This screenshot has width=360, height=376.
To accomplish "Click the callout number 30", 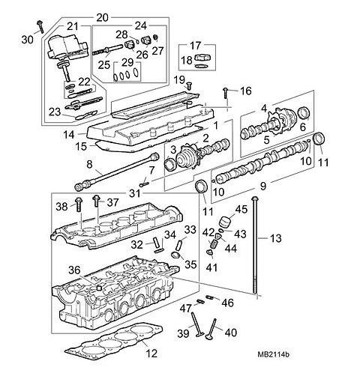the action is (28, 40).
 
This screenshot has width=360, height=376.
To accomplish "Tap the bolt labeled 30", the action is (40, 27).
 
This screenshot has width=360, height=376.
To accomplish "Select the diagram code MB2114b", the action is (273, 354).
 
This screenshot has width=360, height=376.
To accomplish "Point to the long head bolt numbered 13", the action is (255, 245).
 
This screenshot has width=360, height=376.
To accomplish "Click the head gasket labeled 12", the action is (113, 342).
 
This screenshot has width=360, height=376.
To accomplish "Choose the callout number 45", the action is (241, 209).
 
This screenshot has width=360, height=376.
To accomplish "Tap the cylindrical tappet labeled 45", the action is (224, 222).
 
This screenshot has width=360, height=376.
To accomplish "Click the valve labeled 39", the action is (196, 324).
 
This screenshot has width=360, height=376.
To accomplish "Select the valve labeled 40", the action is (211, 329).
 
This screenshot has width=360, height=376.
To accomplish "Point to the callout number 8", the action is (89, 164).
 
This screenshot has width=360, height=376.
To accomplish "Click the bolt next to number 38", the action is (79, 204).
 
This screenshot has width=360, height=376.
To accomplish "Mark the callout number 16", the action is (245, 91).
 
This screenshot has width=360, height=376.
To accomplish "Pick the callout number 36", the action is (74, 270).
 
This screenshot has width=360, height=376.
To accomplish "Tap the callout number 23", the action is (55, 112).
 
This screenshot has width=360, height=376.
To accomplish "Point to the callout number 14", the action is (69, 135).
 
